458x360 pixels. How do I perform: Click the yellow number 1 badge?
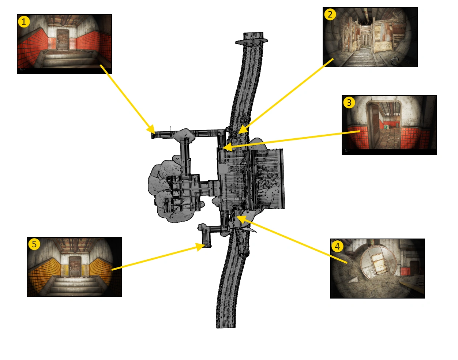24,22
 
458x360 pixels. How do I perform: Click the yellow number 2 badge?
330,15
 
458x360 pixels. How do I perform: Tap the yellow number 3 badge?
349,103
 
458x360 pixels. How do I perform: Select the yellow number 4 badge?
337,246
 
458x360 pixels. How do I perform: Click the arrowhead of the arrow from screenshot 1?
151,130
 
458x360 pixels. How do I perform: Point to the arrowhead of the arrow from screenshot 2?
243,130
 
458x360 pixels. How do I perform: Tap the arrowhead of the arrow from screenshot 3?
228,146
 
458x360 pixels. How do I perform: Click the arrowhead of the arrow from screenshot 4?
241,219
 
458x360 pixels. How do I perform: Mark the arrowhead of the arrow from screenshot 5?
200,247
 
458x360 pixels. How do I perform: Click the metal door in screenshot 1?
63,40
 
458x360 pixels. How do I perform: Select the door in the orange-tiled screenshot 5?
75,266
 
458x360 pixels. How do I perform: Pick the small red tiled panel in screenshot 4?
405,271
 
